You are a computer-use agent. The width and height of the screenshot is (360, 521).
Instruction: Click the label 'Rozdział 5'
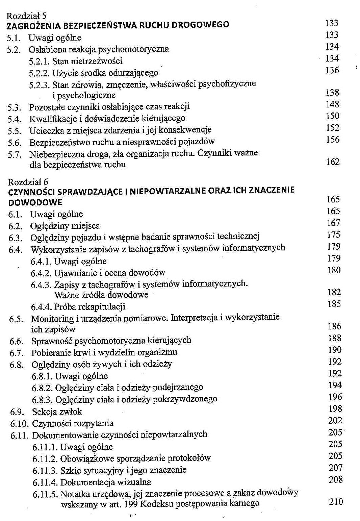tap(27, 16)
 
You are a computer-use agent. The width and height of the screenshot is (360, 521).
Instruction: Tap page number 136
tap(332, 70)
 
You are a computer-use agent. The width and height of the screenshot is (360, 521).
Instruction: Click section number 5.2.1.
tap(40, 61)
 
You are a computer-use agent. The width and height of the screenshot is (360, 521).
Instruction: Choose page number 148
tap(332, 104)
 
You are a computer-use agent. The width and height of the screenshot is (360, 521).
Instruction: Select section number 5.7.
tap(15, 155)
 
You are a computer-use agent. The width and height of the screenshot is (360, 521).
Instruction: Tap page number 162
tap(333, 162)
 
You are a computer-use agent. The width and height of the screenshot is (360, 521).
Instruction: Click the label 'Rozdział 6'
tap(28, 182)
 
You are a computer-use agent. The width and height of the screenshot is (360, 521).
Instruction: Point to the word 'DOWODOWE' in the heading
tap(35, 202)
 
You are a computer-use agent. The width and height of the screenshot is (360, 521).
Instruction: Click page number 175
tap(333, 235)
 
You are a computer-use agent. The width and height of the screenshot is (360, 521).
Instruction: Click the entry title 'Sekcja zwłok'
tap(57, 412)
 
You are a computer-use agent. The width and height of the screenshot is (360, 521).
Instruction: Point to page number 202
tap(335, 421)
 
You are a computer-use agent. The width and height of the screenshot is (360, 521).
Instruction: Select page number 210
tap(336, 502)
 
